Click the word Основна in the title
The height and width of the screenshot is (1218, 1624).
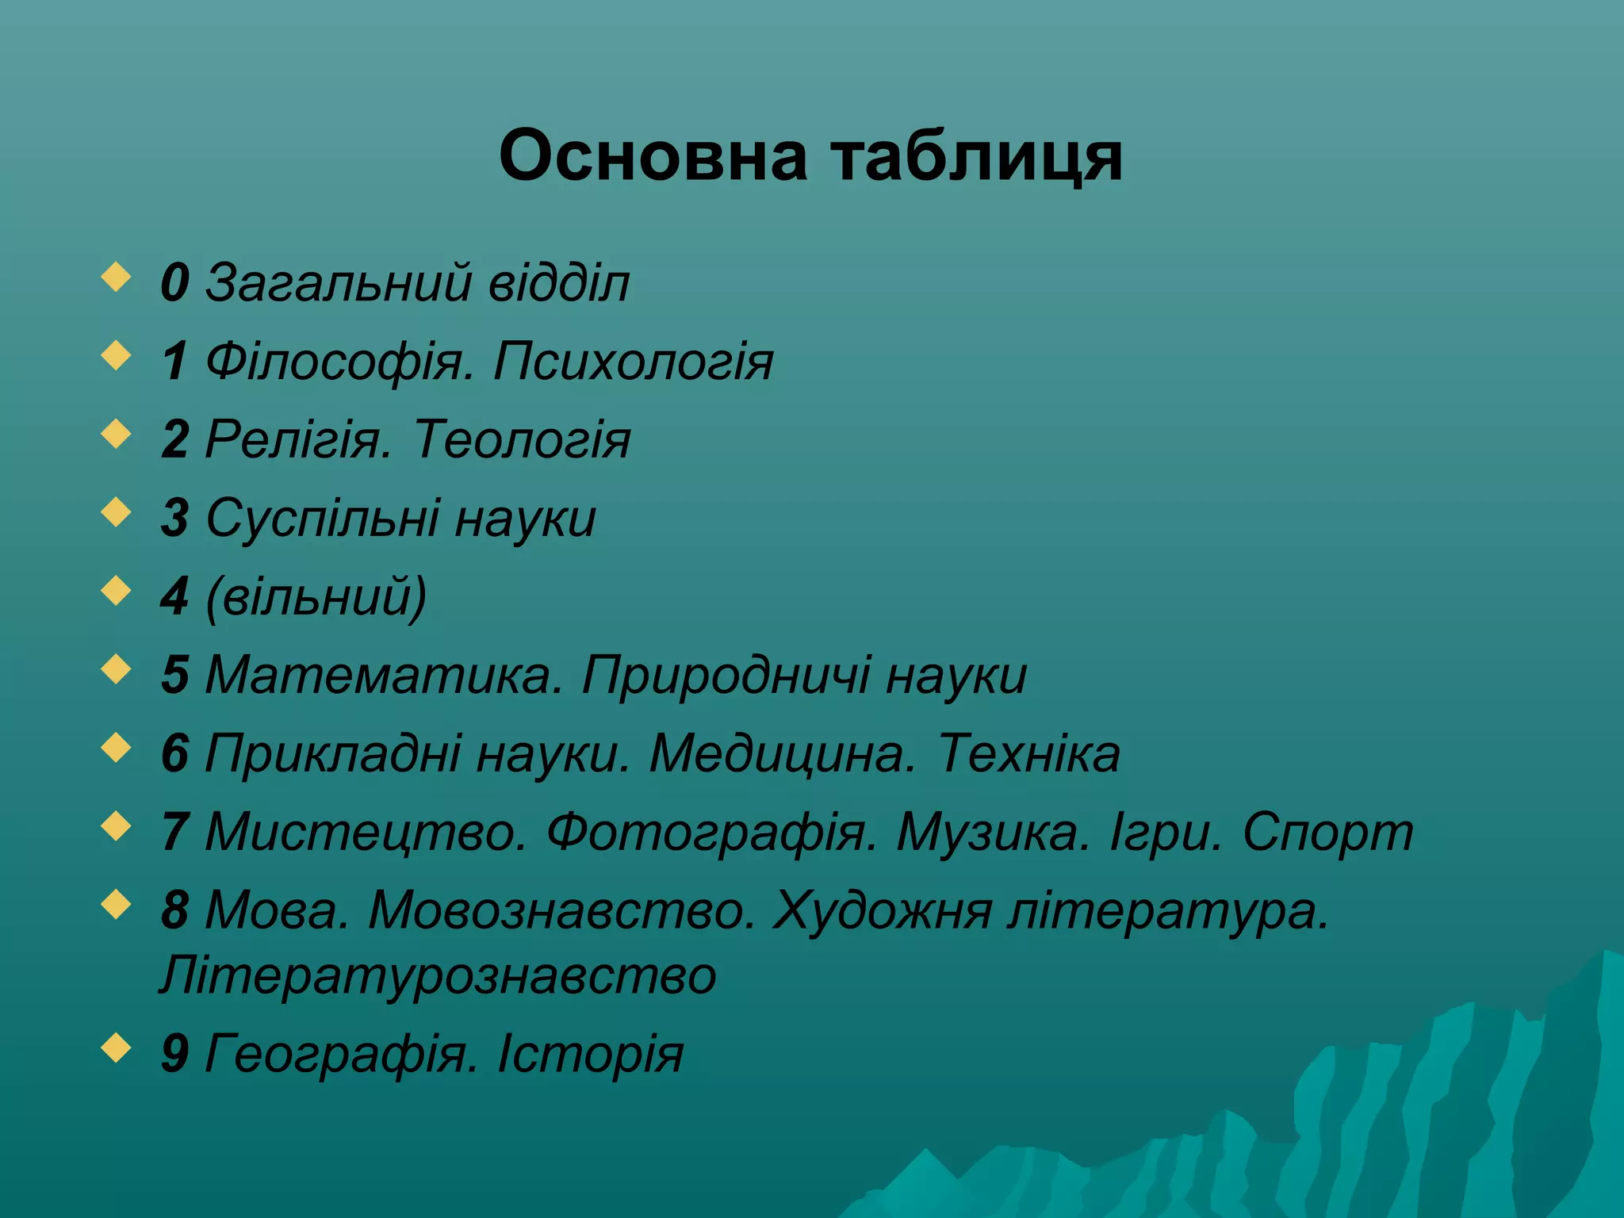pos(654,155)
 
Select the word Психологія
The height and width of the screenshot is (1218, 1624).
pos(633,362)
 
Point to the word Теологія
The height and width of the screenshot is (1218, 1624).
pos(522,440)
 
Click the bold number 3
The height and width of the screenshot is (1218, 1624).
pos(175,518)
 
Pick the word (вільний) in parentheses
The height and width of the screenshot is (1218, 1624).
pos(316,597)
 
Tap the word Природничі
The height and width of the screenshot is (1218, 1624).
pos(725,676)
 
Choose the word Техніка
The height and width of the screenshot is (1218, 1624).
pos(1028,753)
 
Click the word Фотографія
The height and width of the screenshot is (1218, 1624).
pos(711,833)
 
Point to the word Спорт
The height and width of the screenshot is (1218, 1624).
pos(1327,833)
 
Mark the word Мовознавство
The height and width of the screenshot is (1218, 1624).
pos(562,910)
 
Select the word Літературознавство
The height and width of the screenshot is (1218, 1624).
pos(438,975)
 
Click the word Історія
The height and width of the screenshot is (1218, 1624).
pos(590,1055)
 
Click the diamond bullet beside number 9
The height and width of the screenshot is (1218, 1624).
pos(117,1048)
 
